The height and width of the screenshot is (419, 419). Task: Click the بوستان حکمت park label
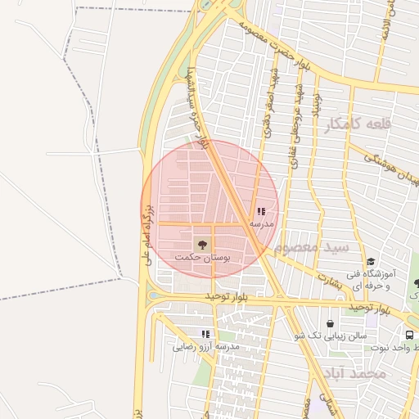(202, 257)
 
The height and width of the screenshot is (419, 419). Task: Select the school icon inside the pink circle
(261, 211)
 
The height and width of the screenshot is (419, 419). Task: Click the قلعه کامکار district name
(358, 124)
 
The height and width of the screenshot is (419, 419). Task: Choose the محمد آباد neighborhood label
(354, 373)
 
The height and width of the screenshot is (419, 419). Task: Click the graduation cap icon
(370, 262)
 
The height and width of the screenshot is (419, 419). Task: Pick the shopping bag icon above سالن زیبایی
(330, 323)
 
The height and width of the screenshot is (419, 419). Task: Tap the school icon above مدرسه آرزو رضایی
(205, 334)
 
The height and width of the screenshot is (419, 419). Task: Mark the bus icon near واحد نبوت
(409, 335)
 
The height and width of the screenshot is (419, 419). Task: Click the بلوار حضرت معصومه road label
(271, 38)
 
